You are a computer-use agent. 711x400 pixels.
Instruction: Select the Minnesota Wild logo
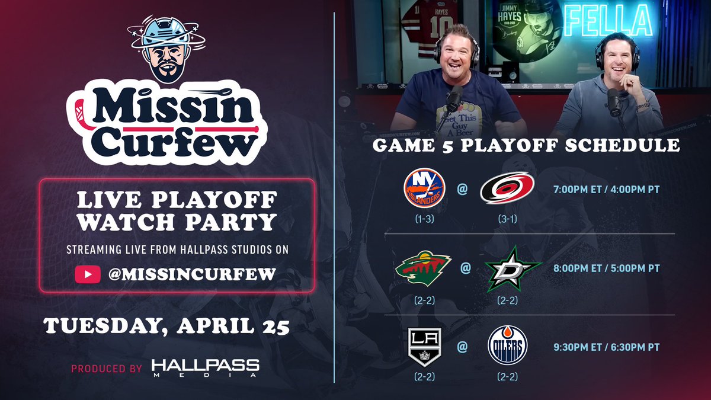point(423,268)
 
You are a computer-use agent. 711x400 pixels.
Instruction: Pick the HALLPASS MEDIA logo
point(204,367)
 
